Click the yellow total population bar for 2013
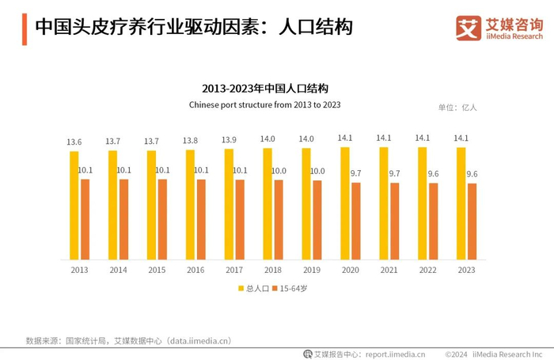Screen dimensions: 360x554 coord(74,206)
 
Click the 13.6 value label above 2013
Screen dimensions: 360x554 coord(74,142)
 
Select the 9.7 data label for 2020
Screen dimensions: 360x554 coord(355,172)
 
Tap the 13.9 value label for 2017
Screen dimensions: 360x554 coord(229,140)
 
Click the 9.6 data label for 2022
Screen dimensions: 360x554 coord(433,173)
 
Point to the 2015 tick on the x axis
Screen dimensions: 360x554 coord(157,271)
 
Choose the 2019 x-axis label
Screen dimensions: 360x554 coord(312,271)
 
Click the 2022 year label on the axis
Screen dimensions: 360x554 coord(428,271)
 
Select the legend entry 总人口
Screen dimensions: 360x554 coord(253,289)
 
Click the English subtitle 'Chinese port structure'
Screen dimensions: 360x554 coord(265,104)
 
